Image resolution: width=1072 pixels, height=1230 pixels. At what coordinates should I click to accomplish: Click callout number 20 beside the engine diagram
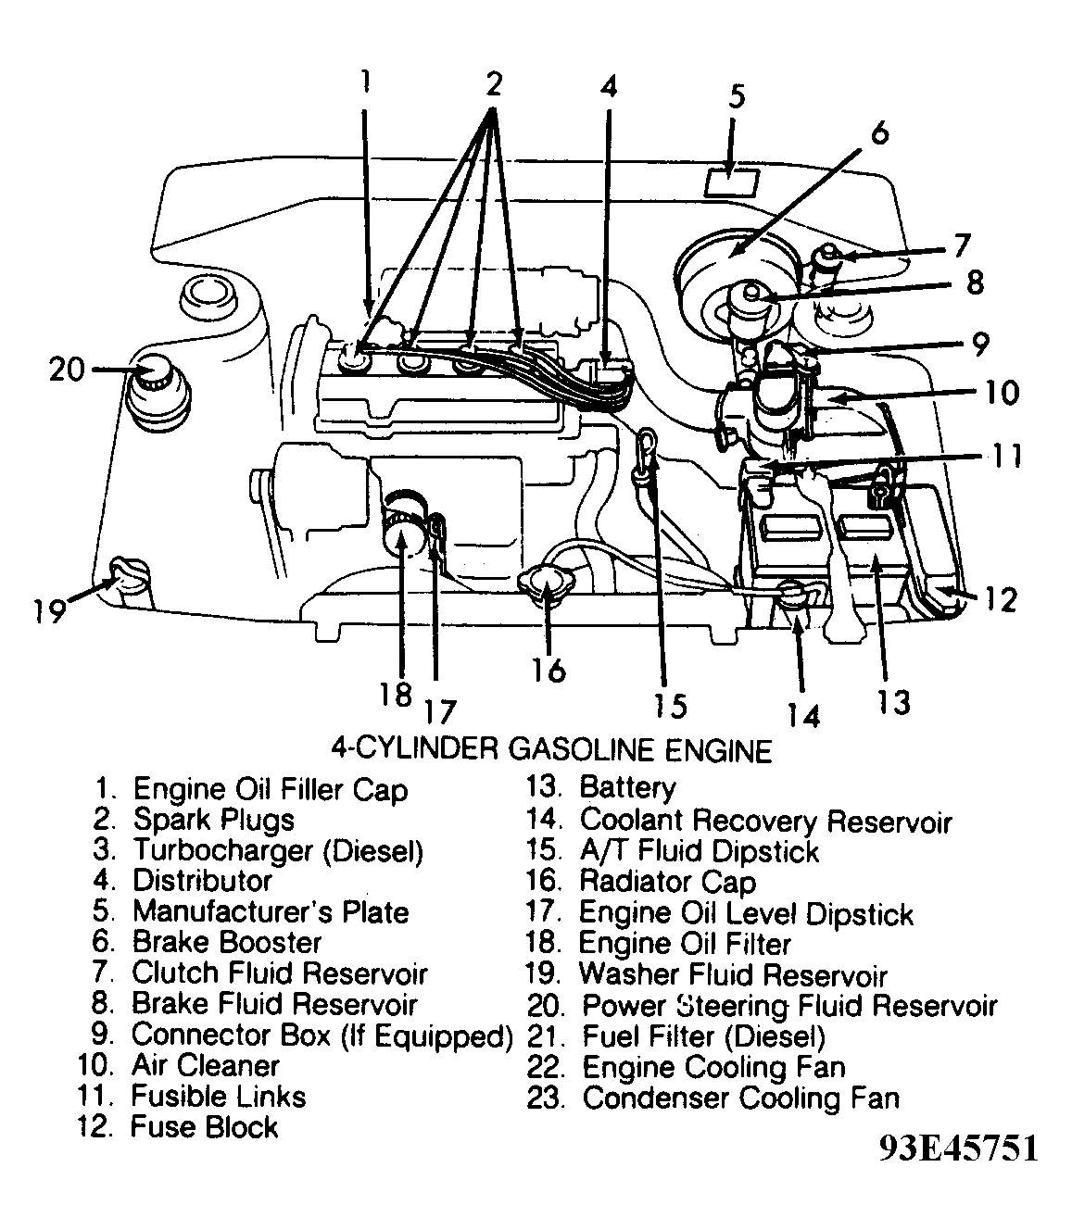pos(68,370)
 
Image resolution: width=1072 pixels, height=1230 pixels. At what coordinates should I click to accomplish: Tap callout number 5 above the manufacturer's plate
pos(736,97)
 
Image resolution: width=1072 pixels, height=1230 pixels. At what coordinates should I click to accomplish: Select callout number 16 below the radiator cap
pos(549,668)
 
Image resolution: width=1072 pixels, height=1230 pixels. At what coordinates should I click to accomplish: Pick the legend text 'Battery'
pos(627,788)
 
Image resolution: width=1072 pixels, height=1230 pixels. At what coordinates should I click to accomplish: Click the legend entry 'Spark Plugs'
pos(213,820)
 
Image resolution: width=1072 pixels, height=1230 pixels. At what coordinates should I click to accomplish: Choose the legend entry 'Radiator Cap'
pos(667,882)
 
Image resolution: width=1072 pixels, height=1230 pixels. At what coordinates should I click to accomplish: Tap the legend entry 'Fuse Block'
pos(204,1127)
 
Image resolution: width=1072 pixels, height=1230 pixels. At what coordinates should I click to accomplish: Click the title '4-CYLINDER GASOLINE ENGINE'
pos(550,748)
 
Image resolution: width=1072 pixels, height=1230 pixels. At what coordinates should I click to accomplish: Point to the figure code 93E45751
pos(958,1148)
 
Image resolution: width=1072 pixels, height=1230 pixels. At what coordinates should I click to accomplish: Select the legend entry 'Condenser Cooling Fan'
pos(740,1098)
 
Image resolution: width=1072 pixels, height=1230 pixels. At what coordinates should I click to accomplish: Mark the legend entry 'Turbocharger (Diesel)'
pos(278,850)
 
